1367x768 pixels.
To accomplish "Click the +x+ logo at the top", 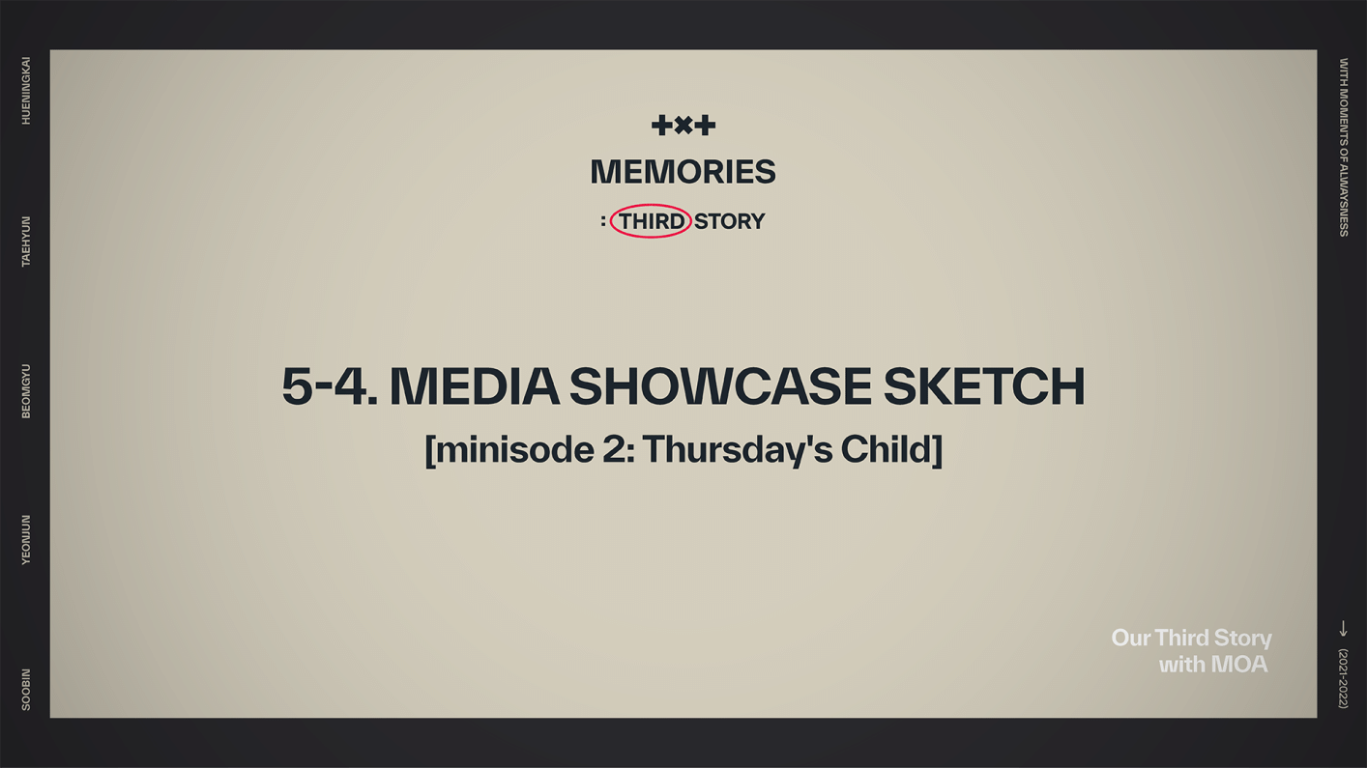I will (683, 125).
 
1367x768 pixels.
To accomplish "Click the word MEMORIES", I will (683, 172).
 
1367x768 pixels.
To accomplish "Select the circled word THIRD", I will (651, 222).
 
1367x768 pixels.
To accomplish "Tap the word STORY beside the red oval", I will (729, 222).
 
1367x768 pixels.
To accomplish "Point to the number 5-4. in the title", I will (329, 386).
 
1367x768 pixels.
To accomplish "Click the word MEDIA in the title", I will (474, 386).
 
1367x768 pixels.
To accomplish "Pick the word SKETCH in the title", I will (983, 386).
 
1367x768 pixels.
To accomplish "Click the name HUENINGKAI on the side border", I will (26, 91).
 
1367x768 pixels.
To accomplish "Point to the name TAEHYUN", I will (26, 242).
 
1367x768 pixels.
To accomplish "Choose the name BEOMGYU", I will (26, 391).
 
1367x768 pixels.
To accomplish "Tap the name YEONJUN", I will (26, 539).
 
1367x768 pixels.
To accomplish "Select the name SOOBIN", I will (26, 690).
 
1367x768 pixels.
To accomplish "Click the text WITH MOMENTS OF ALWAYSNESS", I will (1343, 147).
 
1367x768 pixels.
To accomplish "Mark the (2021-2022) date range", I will (1343, 678).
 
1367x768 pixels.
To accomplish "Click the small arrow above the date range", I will (1343, 629).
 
